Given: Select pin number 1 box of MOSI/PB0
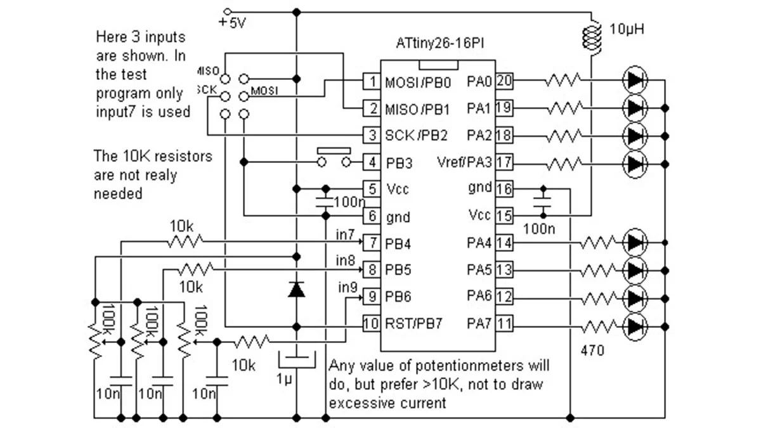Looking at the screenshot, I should (370, 81).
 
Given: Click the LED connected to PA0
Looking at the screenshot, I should (635, 81).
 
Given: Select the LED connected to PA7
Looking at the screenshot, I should (635, 325).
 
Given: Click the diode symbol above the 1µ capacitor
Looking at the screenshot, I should (296, 290).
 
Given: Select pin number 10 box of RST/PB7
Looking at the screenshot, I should (370, 323).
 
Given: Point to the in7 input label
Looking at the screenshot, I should (344, 236).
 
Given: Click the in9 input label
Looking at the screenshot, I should (347, 287).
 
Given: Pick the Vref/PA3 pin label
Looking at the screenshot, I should (465, 163).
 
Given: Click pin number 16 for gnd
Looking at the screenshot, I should (504, 189).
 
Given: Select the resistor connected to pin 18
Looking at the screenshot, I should (563, 135).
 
